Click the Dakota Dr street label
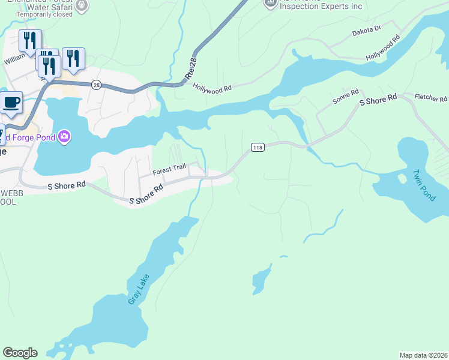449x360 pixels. click(367, 28)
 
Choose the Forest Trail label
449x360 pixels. click(169, 171)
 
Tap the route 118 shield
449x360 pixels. click(258, 148)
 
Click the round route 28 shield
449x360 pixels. click(96, 85)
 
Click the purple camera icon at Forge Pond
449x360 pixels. click(64, 137)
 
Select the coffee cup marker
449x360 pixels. click(11, 101)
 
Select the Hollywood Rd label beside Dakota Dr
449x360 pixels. click(383, 47)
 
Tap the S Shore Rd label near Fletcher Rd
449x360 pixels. click(378, 100)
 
